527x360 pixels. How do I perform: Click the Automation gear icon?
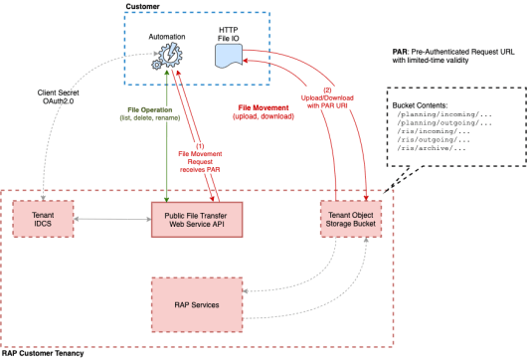pyautogui.click(x=165, y=58)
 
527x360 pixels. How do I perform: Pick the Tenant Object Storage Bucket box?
pyautogui.click(x=353, y=218)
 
